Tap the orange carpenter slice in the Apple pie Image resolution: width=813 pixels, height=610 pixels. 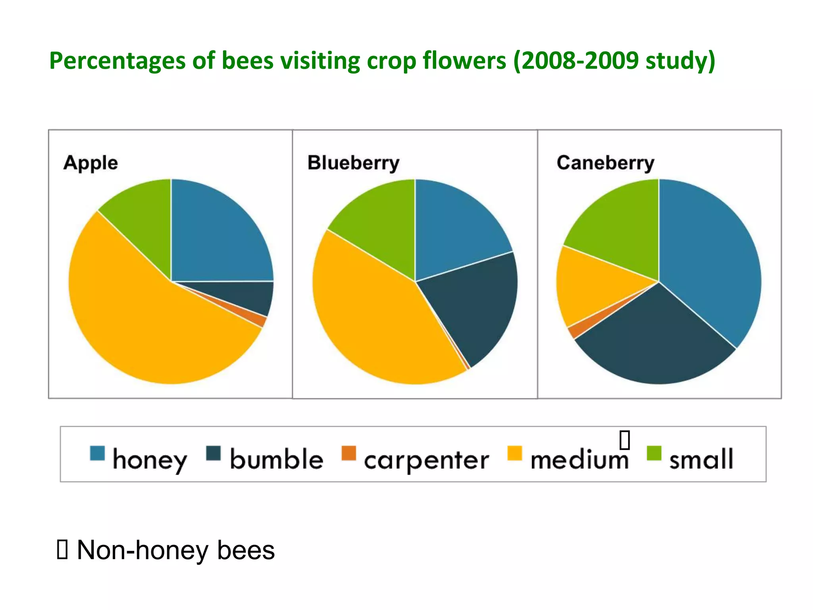(260, 320)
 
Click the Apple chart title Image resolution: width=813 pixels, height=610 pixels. (91, 163)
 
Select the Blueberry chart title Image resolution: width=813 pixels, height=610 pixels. (353, 163)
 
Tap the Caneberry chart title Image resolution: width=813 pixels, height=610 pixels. (605, 163)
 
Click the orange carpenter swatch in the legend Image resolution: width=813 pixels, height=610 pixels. (349, 453)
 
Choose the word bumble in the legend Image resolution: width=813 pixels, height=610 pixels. (277, 459)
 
